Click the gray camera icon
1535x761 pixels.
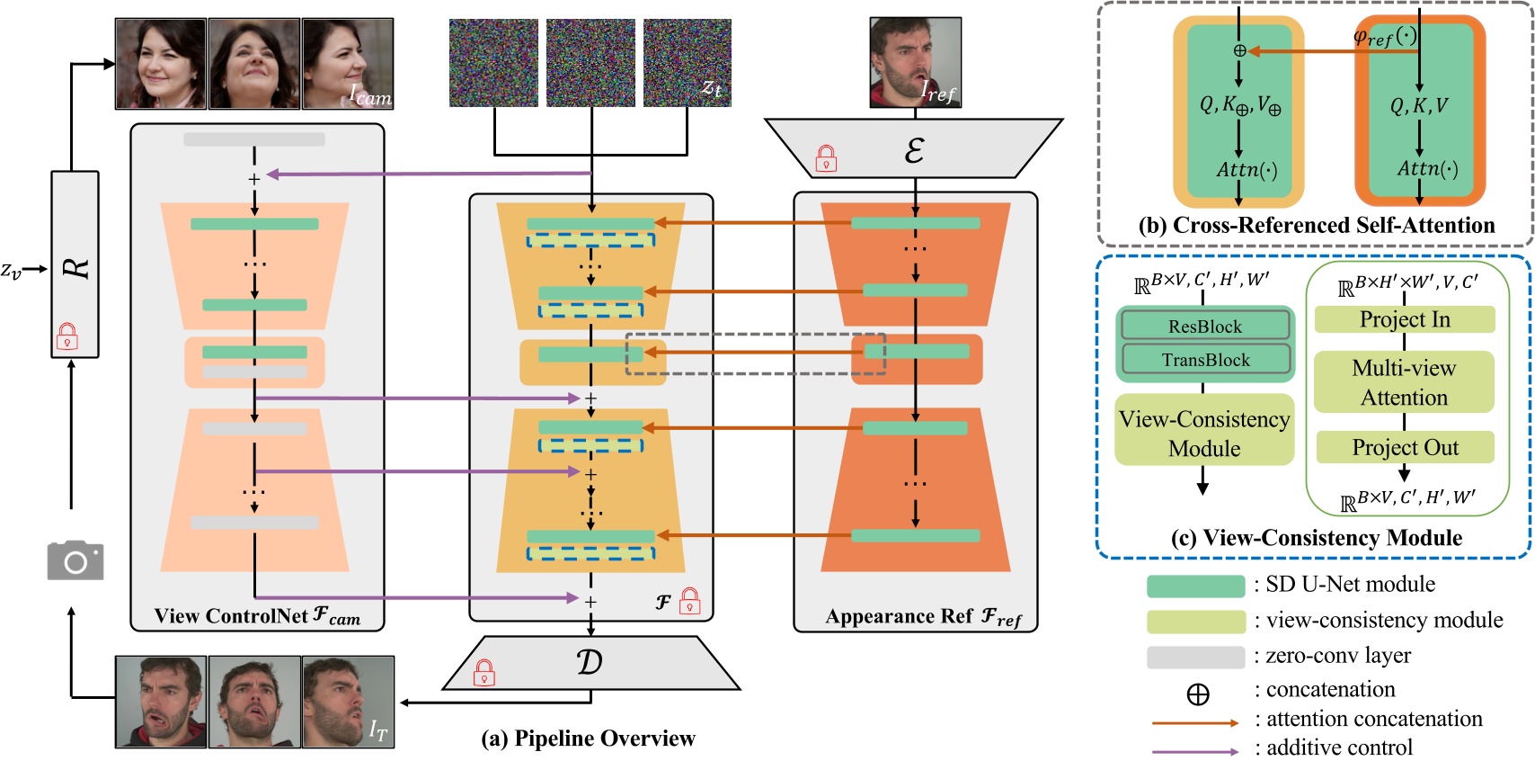pos(75,560)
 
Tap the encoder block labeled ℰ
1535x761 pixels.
pos(914,149)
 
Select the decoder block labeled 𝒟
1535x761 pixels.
pos(590,664)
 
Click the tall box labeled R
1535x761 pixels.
pos(75,264)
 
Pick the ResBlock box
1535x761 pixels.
pos(1204,327)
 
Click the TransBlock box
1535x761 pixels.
pos(1204,360)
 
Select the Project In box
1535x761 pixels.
pos(1404,319)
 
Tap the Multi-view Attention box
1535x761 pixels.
pos(1404,382)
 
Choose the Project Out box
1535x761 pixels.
pos(1404,447)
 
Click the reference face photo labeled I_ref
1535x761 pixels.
pos(915,63)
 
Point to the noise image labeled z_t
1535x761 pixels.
pos(687,63)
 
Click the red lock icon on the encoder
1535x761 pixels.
pos(826,159)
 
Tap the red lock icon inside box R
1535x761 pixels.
pos(67,336)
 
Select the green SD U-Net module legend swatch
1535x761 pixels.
pos(1194,586)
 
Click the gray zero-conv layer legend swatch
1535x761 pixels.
pos(1194,657)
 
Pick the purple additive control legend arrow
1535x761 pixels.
pos(1194,750)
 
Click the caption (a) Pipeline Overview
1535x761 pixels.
pos(589,739)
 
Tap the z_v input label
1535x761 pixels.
pos(11,269)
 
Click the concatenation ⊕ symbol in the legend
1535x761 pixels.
pos(1197,694)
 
